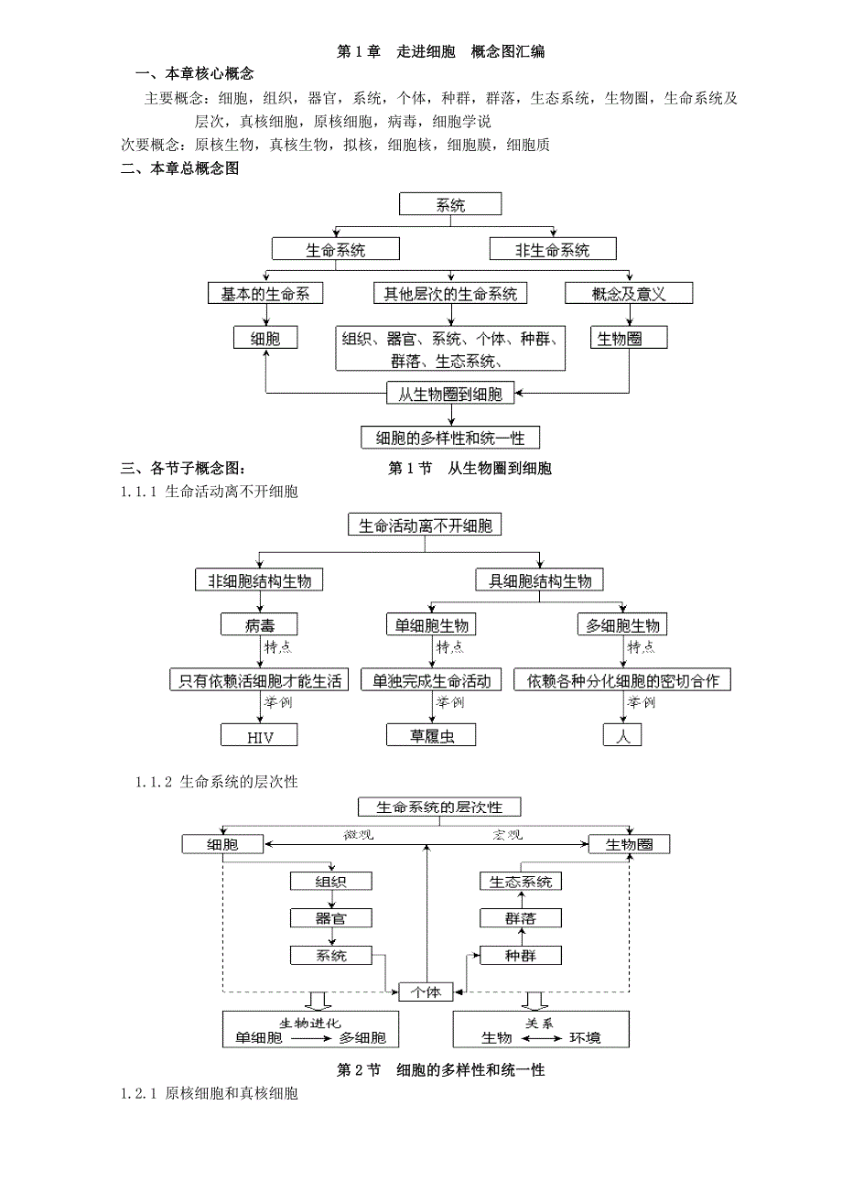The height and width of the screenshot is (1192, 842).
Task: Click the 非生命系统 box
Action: [552, 249]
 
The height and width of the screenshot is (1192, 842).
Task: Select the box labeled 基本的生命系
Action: [265, 294]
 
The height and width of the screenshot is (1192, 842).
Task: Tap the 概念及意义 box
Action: [628, 294]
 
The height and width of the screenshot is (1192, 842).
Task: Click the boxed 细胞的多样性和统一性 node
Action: [450, 438]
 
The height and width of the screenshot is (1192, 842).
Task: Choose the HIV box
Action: [260, 735]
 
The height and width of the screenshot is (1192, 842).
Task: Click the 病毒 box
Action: [259, 625]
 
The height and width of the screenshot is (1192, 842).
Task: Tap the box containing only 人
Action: [622, 735]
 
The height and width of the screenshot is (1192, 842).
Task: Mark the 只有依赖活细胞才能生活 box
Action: [259, 680]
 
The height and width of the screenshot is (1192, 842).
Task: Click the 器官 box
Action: [330, 918]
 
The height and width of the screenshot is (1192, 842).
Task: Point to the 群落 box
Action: [520, 918]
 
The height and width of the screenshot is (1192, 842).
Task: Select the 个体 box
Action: [426, 992]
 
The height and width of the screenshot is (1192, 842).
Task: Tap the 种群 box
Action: [520, 956]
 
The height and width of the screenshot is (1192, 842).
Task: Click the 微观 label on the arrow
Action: [351, 835]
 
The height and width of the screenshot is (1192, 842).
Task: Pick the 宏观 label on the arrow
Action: [502, 835]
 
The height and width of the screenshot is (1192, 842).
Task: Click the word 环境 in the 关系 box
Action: [586, 1037]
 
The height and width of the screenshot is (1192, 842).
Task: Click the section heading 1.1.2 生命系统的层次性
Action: [217, 783]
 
